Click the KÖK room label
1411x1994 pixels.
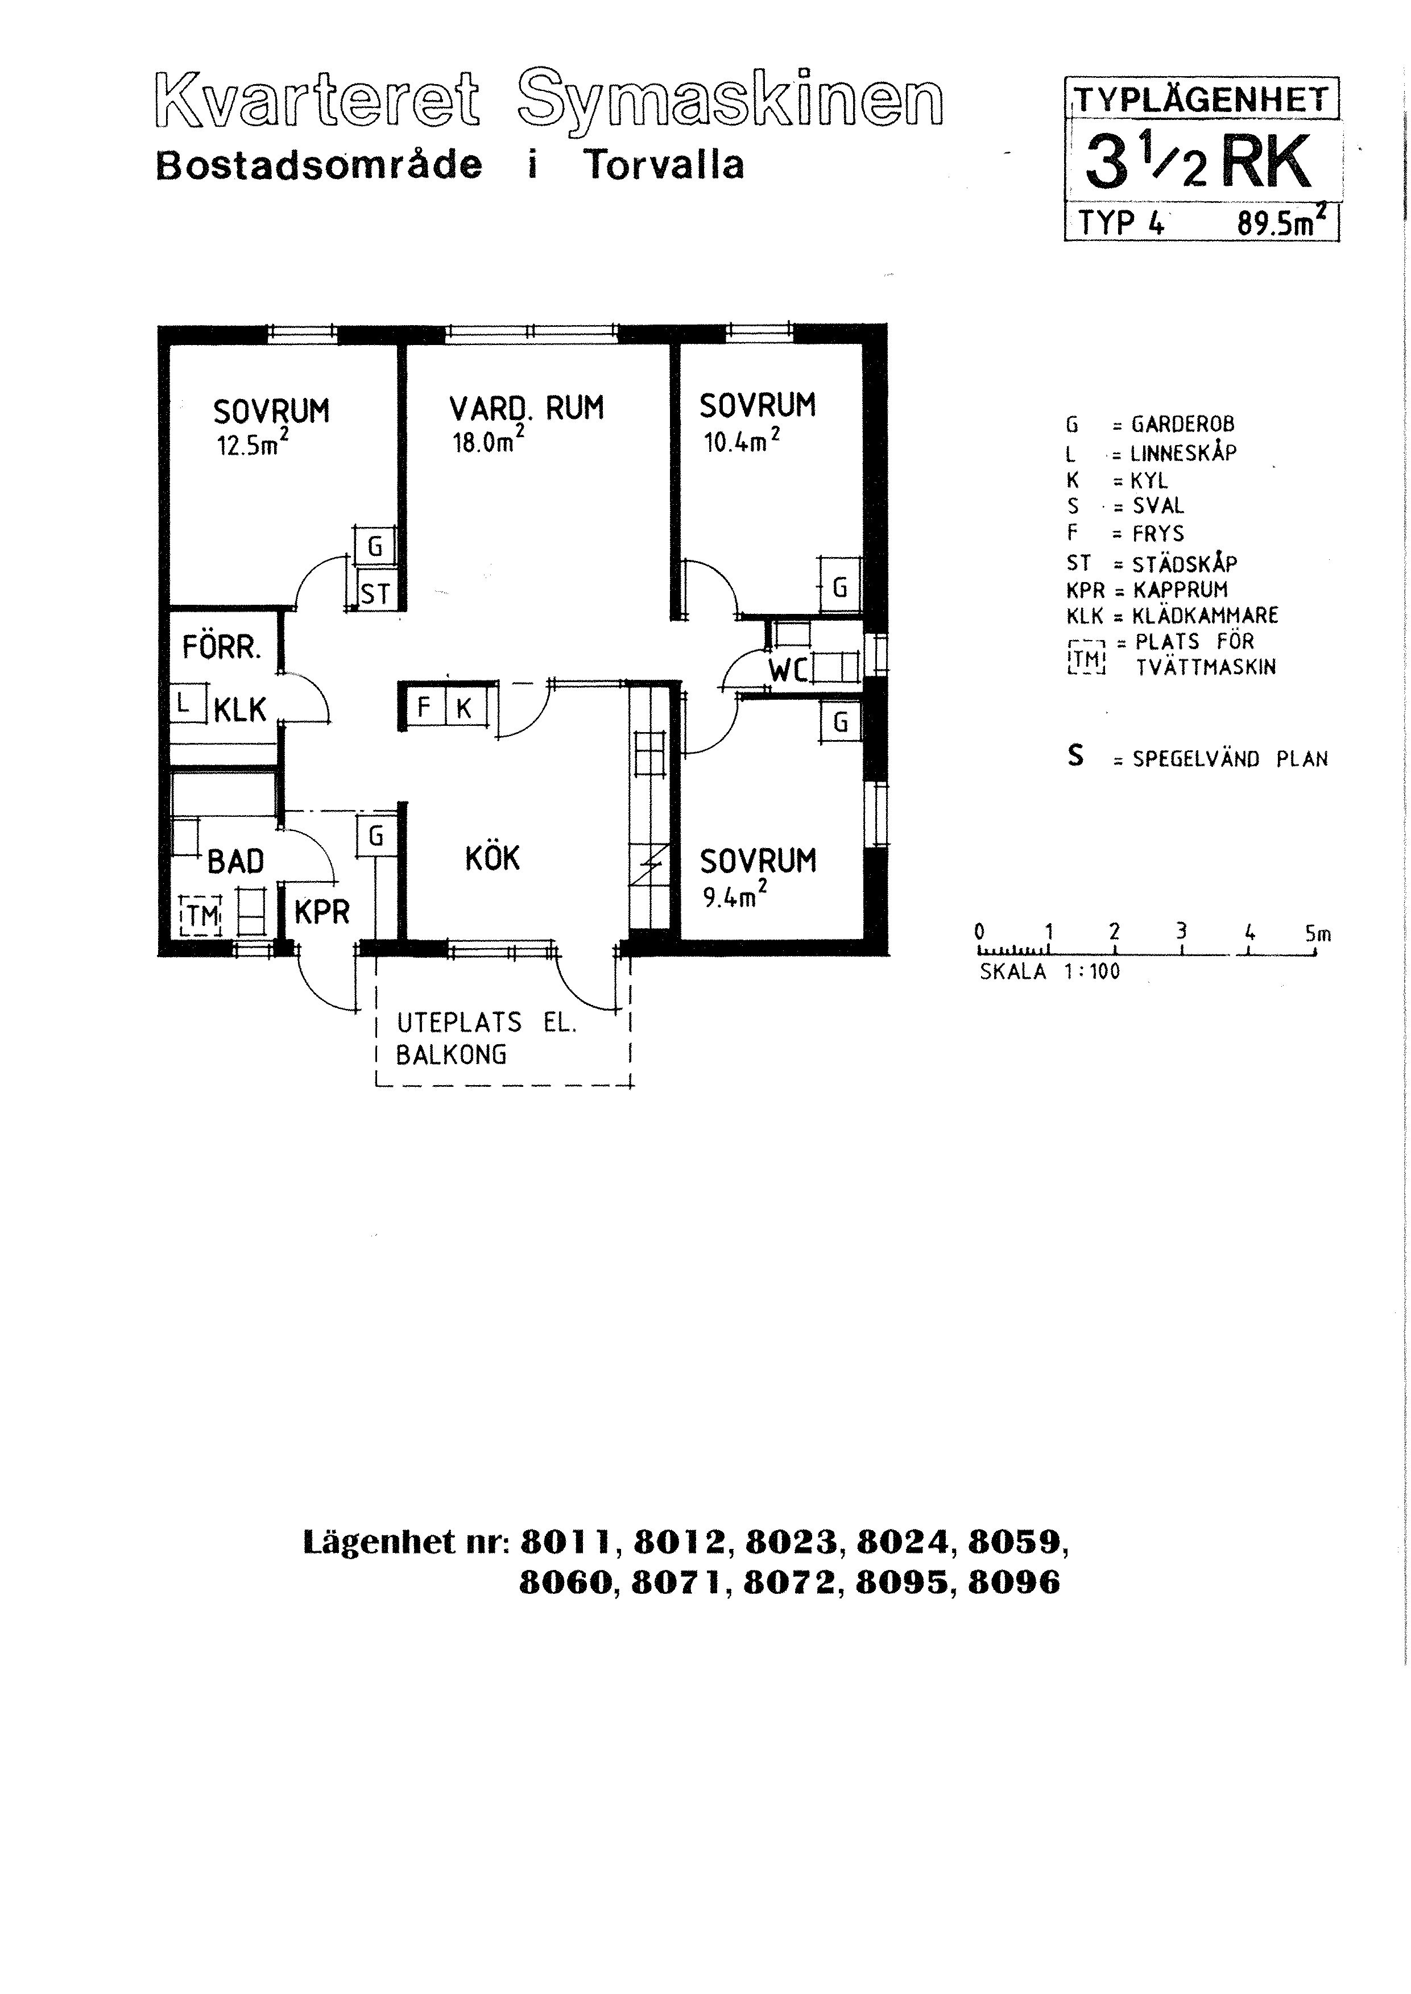tap(492, 858)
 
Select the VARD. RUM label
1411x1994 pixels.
tap(527, 408)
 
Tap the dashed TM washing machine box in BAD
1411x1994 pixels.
tap(201, 915)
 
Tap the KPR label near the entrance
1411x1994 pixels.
tap(321, 912)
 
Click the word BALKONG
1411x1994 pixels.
tap(451, 1054)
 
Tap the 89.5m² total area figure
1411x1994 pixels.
tap(1282, 224)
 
